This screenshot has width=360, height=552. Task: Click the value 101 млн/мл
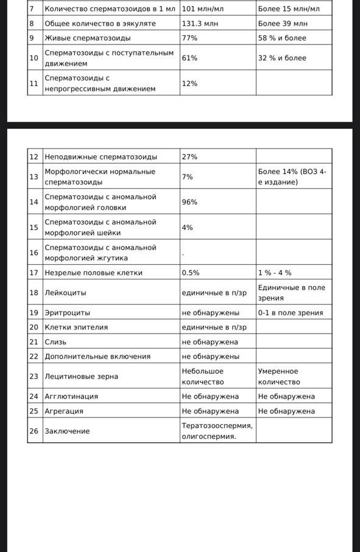(202, 9)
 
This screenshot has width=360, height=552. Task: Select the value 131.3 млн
(200, 24)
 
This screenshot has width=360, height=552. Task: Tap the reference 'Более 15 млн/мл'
(288, 9)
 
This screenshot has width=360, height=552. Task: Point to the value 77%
(189, 38)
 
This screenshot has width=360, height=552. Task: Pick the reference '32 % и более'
(282, 58)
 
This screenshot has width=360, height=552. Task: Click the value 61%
(189, 58)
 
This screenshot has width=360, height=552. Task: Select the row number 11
(34, 83)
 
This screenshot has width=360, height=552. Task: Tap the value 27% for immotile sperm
(189, 156)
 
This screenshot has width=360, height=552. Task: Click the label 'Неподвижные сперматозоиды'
(101, 156)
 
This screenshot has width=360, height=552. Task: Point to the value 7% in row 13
(188, 176)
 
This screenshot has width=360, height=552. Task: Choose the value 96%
(189, 202)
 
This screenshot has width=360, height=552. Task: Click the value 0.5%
(191, 273)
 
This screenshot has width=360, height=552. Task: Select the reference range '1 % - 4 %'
(275, 273)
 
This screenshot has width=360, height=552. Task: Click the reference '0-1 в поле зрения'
(291, 313)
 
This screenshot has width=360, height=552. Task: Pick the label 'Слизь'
(55, 342)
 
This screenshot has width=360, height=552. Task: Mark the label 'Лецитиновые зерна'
(81, 377)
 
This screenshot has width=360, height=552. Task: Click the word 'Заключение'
(67, 431)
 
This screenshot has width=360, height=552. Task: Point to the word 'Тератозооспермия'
(216, 425)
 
